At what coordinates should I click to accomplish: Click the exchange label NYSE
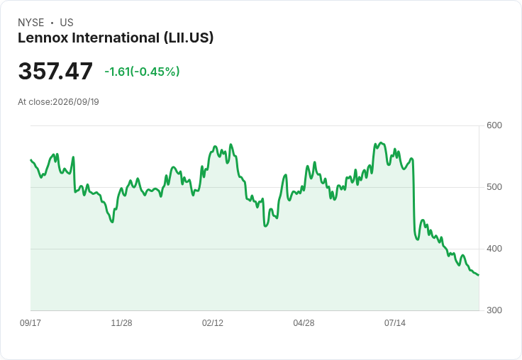(x=31, y=23)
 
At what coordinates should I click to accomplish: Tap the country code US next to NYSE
(x=67, y=23)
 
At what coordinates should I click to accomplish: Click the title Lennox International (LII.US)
(x=116, y=38)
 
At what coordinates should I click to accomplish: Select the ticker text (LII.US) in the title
(x=189, y=38)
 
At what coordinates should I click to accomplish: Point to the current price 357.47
(x=55, y=71)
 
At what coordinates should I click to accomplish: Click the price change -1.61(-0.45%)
(x=142, y=72)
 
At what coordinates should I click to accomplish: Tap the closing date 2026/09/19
(x=76, y=102)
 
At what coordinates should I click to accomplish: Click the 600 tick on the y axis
(x=494, y=125)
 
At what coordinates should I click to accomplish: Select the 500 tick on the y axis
(x=494, y=187)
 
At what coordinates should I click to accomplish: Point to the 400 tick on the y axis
(x=494, y=249)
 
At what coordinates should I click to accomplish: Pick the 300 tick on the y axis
(x=494, y=310)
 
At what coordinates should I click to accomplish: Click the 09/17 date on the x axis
(x=30, y=322)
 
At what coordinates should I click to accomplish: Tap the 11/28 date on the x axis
(x=121, y=322)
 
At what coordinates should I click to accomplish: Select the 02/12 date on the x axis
(x=213, y=322)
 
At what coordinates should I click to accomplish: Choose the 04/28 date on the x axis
(x=304, y=322)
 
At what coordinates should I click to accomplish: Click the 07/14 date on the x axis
(x=395, y=322)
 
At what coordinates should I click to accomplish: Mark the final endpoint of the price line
(x=479, y=275)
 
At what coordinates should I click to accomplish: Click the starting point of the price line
(x=30, y=160)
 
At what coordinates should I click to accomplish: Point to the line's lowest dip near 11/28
(x=113, y=222)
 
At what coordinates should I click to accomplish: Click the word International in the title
(x=116, y=38)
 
